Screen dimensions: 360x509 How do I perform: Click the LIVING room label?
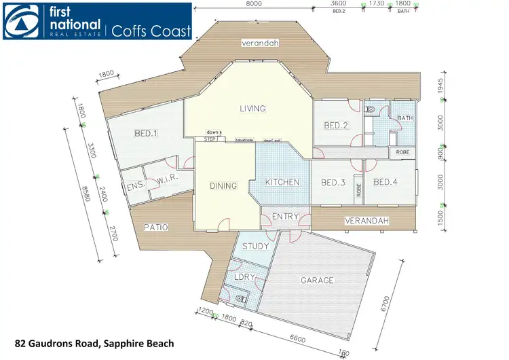tap(252, 109)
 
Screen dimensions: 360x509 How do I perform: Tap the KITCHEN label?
tap(282, 183)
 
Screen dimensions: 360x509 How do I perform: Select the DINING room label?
tap(223, 185)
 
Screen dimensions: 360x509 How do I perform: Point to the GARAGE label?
tap(318, 280)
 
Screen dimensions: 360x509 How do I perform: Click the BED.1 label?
tap(146, 133)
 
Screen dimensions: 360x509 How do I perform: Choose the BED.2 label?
tap(335, 125)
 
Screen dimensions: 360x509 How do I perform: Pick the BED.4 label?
tap(385, 182)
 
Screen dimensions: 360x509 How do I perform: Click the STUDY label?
tap(256, 246)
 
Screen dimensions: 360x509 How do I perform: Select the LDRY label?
tap(244, 278)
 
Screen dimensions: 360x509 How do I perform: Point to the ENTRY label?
tap(285, 217)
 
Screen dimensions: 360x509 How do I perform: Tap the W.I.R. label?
tap(167, 180)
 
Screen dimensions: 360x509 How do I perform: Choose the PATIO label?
tap(155, 227)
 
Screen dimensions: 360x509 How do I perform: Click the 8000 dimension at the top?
tap(254, 4)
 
